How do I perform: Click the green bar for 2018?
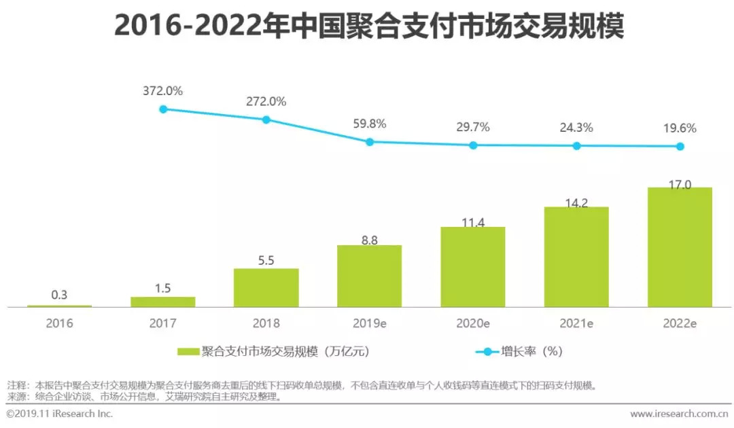click(x=266, y=287)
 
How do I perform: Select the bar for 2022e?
click(x=680, y=247)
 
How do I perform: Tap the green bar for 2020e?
click(x=473, y=266)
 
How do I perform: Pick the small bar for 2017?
click(x=162, y=302)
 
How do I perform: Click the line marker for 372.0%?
click(x=163, y=109)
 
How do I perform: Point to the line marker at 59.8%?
click(x=370, y=142)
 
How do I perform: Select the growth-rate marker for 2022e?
click(x=680, y=146)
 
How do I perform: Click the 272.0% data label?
click(x=266, y=101)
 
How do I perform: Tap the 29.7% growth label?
click(x=473, y=127)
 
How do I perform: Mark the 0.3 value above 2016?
click(x=59, y=295)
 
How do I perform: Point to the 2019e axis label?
click(x=369, y=323)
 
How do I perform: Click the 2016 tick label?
click(x=59, y=323)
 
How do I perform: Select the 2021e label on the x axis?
click(x=576, y=323)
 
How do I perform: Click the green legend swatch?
click(x=188, y=351)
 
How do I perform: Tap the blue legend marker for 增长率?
click(x=486, y=351)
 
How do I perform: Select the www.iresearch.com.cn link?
click(x=678, y=414)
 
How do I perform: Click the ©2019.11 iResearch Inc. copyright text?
click(x=60, y=414)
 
